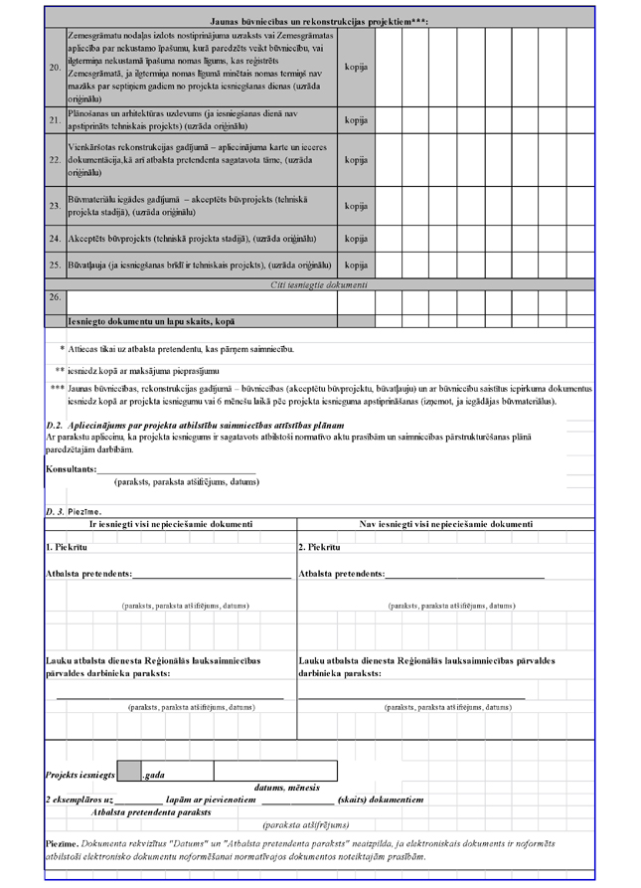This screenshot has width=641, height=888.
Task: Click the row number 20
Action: (x=55, y=68)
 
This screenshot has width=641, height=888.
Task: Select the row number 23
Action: (x=55, y=206)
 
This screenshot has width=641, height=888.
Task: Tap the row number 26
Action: (x=55, y=296)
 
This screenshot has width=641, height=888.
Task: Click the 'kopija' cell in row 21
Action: (x=356, y=120)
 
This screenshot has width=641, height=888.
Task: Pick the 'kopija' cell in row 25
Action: (x=356, y=266)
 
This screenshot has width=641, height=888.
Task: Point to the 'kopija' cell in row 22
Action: (x=356, y=159)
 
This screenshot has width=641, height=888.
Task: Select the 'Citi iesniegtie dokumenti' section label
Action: (x=319, y=285)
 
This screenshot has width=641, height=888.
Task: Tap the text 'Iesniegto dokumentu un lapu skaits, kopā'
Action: (x=151, y=322)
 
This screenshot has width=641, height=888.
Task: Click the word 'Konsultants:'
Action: (x=72, y=468)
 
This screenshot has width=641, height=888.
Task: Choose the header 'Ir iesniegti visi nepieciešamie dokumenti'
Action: (x=171, y=523)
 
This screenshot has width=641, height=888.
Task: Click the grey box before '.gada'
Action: (x=129, y=773)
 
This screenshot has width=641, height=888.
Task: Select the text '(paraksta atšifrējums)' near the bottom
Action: (x=306, y=824)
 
